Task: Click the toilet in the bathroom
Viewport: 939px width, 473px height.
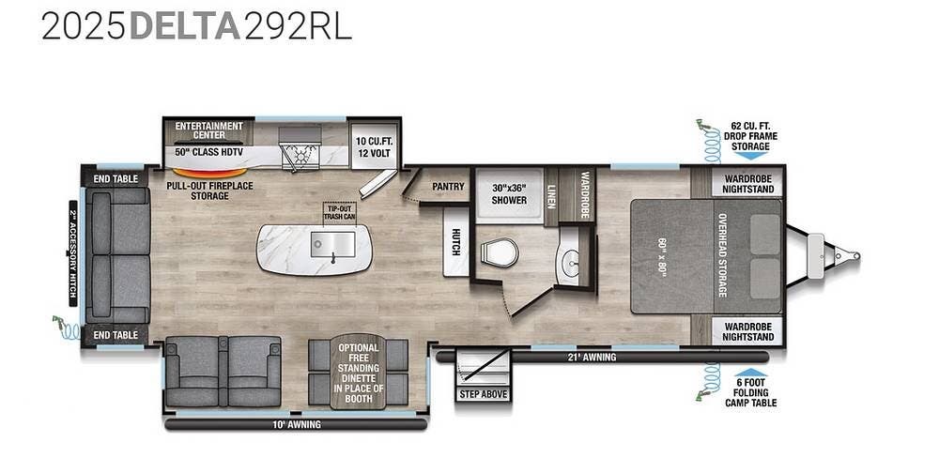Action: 499,252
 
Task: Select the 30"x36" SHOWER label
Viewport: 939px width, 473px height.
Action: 509,193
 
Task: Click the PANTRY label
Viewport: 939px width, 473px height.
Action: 449,186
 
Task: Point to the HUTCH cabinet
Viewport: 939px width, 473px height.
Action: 455,241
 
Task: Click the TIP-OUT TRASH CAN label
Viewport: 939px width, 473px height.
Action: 340,212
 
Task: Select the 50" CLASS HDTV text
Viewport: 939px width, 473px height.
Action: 209,152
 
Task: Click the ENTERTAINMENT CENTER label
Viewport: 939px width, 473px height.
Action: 209,130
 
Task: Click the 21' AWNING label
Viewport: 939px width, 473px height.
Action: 592,358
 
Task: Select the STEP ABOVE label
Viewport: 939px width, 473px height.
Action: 484,394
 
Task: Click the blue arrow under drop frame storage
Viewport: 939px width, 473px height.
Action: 750,155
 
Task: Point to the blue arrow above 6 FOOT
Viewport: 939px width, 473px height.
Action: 750,373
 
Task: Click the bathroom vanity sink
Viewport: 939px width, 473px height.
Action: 568,262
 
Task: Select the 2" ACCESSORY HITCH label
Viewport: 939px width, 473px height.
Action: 73,254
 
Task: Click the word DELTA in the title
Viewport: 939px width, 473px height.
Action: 184,25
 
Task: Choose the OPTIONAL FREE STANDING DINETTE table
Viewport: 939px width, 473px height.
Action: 358,372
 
